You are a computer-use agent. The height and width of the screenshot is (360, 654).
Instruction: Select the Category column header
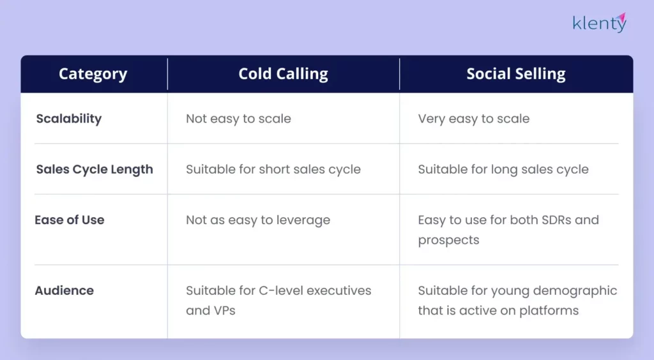tap(93, 74)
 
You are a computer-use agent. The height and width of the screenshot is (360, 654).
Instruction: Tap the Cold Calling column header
tap(283, 74)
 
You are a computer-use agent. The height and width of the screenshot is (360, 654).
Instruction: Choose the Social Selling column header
tap(515, 74)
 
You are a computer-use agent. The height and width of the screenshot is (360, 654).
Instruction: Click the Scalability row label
tap(69, 119)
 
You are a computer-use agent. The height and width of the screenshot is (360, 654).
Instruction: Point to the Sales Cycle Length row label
tap(95, 170)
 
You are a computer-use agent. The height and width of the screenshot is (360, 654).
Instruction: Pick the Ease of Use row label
tap(70, 220)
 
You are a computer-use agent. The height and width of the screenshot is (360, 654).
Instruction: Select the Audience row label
tap(65, 290)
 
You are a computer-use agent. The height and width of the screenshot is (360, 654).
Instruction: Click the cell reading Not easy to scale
tap(238, 119)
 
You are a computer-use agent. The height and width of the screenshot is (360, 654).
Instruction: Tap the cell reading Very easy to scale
tap(473, 119)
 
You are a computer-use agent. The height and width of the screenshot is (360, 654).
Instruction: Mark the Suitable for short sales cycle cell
tap(273, 170)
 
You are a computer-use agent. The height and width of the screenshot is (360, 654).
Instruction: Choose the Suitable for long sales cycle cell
tap(503, 170)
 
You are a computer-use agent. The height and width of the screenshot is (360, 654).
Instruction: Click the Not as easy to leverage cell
tap(257, 220)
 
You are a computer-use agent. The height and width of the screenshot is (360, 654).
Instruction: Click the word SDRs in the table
tap(553, 220)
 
